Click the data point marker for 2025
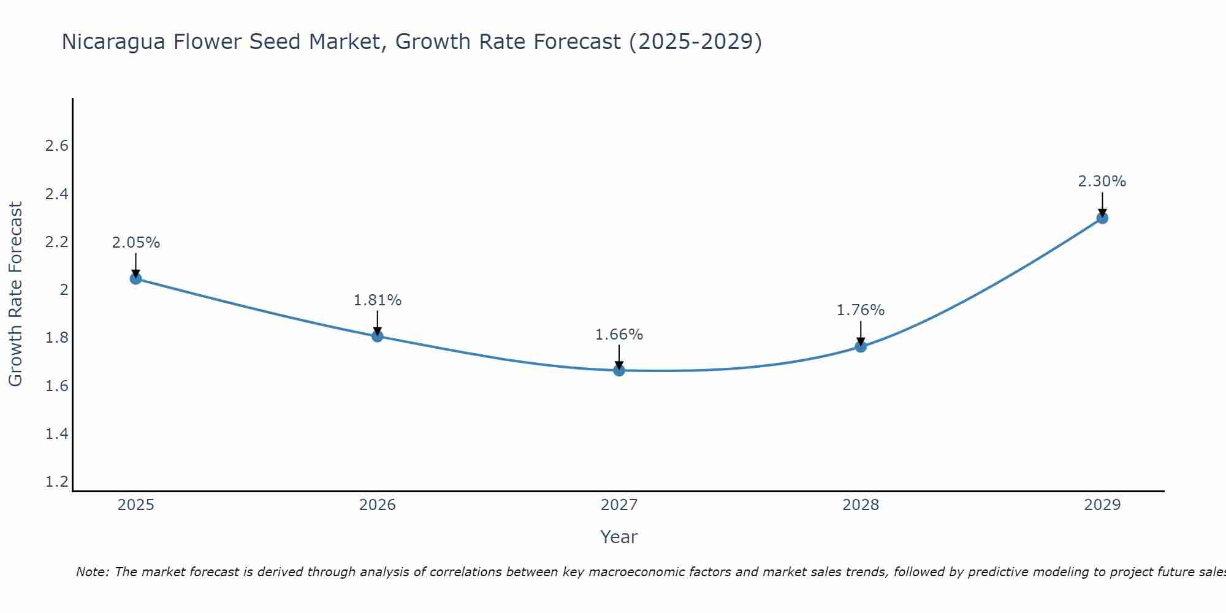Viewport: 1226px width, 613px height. tap(135, 279)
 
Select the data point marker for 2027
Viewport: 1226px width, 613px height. tap(619, 370)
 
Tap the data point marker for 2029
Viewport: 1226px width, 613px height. tap(1102, 218)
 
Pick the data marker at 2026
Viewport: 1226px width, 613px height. tap(378, 336)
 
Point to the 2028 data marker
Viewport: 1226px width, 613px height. tap(861, 346)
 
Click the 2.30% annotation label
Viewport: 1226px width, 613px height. tap(1102, 181)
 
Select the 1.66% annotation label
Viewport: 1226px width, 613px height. tap(619, 335)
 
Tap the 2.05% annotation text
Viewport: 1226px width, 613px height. tap(135, 243)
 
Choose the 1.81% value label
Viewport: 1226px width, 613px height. tap(378, 300)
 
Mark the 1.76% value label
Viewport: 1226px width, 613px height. tap(861, 310)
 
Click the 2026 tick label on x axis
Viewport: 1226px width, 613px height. tap(378, 505)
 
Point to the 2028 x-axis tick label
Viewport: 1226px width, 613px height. tap(861, 505)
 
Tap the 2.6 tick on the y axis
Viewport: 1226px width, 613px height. tap(57, 146)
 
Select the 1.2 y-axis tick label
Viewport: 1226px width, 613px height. tap(57, 482)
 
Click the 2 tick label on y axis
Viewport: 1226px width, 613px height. tap(64, 290)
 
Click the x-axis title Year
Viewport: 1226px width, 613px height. tap(619, 537)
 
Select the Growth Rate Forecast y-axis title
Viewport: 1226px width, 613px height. tap(15, 294)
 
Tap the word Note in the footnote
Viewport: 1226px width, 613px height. tap(92, 572)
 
